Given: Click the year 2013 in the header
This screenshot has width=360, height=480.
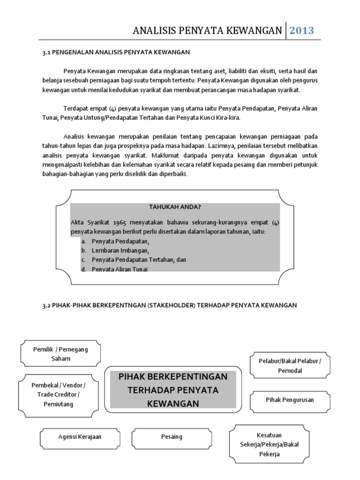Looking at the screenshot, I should click(x=301, y=31).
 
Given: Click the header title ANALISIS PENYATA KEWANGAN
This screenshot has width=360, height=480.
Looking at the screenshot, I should click(x=208, y=31).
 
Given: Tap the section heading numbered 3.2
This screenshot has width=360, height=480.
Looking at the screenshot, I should click(x=170, y=305).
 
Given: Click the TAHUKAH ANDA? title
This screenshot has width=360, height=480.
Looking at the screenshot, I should click(x=174, y=208).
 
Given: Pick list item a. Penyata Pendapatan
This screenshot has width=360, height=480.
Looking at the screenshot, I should click(x=120, y=241).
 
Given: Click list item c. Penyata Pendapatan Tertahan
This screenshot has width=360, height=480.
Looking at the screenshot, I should click(x=139, y=260).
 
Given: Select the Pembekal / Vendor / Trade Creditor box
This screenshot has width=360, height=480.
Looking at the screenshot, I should click(x=59, y=394).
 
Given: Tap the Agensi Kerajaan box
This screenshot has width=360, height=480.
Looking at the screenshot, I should click(x=80, y=437).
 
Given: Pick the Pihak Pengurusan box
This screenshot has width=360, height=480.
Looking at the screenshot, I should click(x=290, y=400).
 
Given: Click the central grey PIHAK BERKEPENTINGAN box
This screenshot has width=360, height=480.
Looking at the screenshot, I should click(x=173, y=390).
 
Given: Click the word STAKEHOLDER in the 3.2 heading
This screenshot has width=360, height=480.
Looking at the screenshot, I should click(x=169, y=305).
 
